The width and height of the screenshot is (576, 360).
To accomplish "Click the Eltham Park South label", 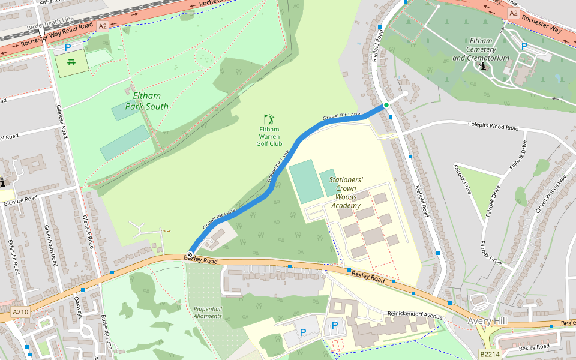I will click(146, 101).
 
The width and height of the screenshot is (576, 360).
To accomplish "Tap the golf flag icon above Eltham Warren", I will click(269, 119).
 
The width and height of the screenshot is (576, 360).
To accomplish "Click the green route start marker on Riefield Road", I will click(386, 106).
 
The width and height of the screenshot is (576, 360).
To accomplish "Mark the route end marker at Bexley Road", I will click(190, 254).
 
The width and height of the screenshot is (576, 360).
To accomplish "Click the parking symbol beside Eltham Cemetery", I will click(524, 46).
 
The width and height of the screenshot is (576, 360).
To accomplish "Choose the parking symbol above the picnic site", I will click(68, 47).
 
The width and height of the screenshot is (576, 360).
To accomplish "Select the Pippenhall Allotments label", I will click(208, 312).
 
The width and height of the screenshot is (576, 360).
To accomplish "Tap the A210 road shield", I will click(20, 311).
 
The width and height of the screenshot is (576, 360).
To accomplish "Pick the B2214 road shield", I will click(490, 355).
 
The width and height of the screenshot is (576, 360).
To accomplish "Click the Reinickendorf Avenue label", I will click(415, 316).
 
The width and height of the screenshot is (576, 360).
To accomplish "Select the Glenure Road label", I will click(20, 199).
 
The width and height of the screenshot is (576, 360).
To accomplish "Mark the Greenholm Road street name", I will click(50, 245).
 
